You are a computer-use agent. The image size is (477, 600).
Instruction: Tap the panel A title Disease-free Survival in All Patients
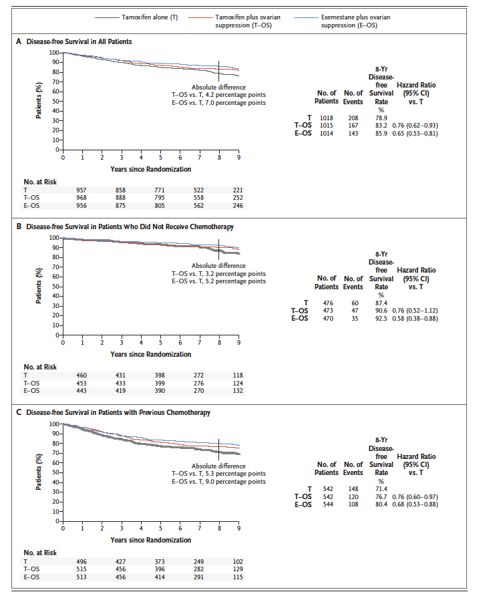79,41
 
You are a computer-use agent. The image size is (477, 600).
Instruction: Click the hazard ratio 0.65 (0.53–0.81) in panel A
415,134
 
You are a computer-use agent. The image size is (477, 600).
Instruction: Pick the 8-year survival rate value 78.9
381,118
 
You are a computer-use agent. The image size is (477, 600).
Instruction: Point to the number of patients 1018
326,118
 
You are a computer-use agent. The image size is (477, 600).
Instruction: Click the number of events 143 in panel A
353,134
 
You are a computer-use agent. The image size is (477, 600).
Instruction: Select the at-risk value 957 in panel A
81,190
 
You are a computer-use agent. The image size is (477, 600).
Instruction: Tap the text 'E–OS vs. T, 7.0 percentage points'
218,103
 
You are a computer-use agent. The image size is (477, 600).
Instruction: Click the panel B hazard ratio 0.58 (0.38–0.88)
415,318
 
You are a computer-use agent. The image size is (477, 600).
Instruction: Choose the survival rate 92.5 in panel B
381,318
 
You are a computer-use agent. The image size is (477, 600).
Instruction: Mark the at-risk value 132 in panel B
238,391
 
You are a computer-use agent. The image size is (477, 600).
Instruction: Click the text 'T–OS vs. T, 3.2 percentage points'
218,273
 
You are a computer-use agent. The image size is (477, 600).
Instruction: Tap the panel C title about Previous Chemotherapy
118,412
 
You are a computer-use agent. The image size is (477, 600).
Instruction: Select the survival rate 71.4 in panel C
381,489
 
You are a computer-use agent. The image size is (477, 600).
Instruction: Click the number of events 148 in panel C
353,489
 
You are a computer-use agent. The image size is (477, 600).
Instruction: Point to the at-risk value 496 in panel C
81,562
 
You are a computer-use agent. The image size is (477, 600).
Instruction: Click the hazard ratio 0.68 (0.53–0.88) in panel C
415,504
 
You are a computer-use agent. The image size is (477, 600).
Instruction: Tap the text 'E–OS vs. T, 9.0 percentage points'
218,481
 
